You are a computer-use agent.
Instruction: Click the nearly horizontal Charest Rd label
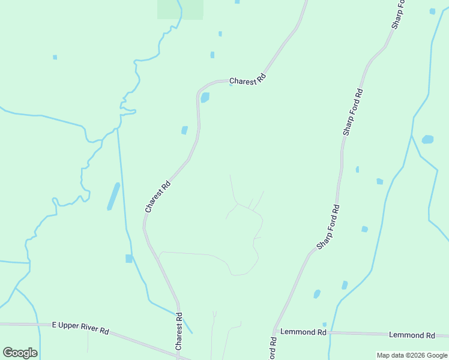click(x=247, y=79)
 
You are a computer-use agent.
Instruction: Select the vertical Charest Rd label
click(x=178, y=331)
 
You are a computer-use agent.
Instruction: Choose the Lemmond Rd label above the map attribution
click(x=412, y=335)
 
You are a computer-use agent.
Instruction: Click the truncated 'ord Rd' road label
click(x=273, y=348)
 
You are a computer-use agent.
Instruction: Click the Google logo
click(x=19, y=352)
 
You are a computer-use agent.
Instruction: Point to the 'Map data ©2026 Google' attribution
click(x=412, y=355)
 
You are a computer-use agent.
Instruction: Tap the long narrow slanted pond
click(x=113, y=196)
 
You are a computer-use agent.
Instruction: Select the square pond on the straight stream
click(x=128, y=259)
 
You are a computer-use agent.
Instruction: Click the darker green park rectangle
click(x=180, y=9)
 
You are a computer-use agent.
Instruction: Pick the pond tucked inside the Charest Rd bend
click(x=205, y=97)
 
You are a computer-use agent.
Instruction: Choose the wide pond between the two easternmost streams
click(x=427, y=140)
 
